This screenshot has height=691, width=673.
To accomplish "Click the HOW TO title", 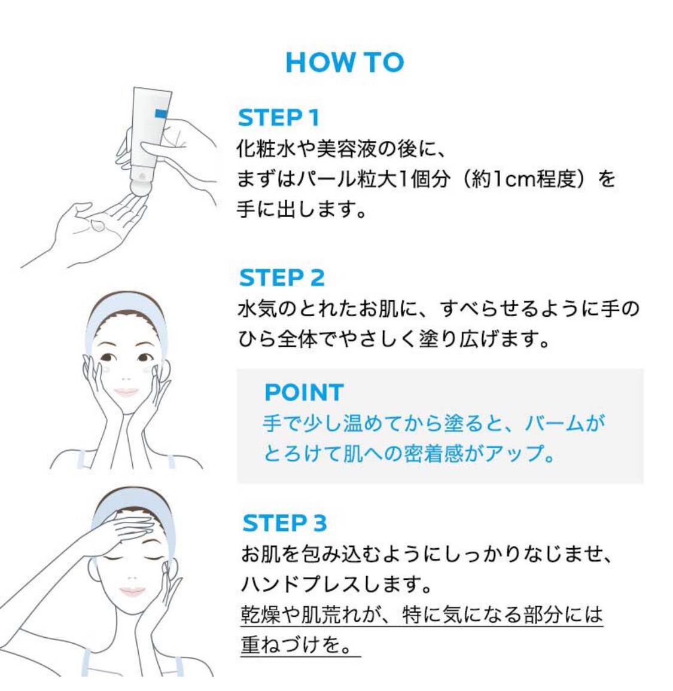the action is (x=345, y=62).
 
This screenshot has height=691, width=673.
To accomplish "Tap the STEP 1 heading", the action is (x=278, y=118).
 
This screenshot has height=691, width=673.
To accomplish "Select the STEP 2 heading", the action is (x=281, y=277).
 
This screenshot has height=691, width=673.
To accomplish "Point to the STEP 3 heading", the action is (x=285, y=523).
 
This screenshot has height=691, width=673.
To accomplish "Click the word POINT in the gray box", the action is (x=304, y=392).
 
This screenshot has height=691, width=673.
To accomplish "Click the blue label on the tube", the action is (x=161, y=114).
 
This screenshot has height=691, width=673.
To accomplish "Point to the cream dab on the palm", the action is (x=98, y=225).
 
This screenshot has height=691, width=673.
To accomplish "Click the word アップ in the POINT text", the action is (x=514, y=454).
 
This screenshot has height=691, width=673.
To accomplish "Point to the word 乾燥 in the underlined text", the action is (x=261, y=614).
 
